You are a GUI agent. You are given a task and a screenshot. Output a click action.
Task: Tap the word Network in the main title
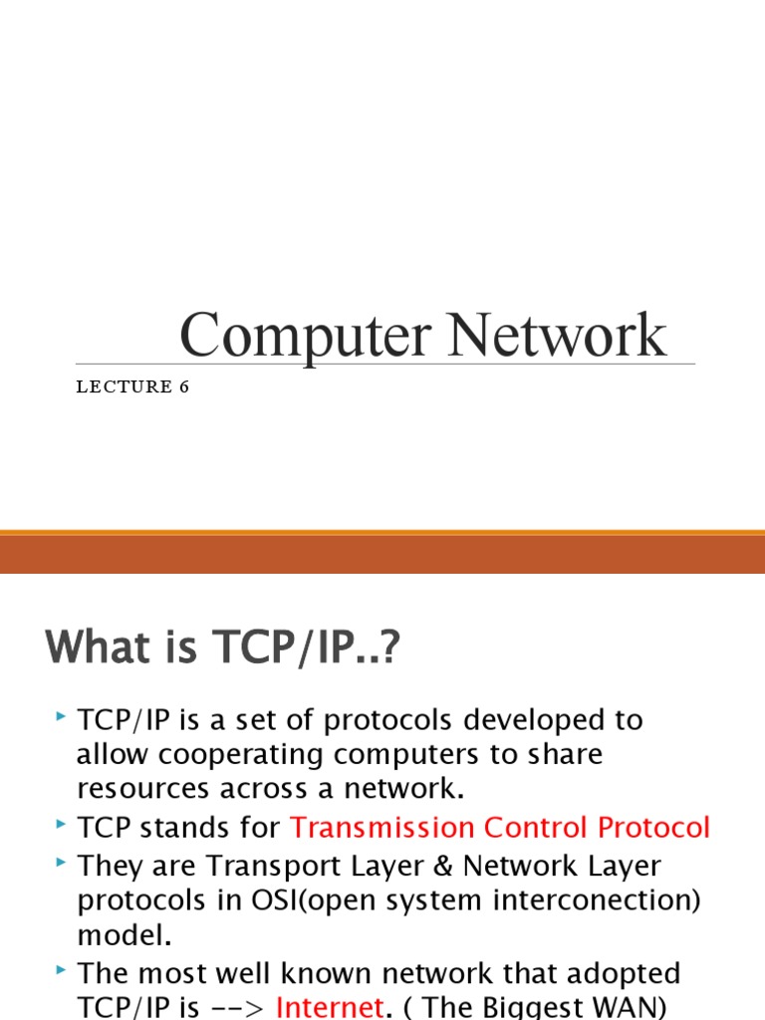(556, 336)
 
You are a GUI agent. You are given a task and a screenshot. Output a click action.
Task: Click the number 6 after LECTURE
(184, 387)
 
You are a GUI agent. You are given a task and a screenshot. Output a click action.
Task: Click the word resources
(153, 788)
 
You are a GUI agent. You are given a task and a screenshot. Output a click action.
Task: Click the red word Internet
(330, 1007)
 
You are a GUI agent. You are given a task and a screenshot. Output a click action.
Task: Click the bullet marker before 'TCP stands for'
(62, 824)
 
